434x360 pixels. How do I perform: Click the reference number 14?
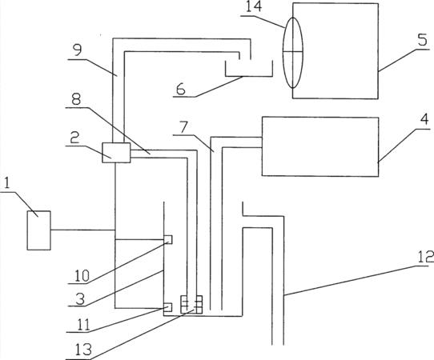(x=254, y=6)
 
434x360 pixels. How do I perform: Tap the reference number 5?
(x=423, y=40)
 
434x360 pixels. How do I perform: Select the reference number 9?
(x=78, y=50)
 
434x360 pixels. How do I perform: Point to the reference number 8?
(x=76, y=99)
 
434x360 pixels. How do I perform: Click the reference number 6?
(x=181, y=89)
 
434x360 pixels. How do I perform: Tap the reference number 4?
(x=424, y=119)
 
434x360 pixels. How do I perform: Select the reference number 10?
(x=82, y=275)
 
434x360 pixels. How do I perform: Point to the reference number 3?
(x=80, y=298)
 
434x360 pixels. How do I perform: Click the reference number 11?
(x=83, y=324)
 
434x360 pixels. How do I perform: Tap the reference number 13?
(x=83, y=349)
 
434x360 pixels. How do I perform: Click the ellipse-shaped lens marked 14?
(x=293, y=53)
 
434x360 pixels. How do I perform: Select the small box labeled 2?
(x=116, y=153)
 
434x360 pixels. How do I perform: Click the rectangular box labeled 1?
(x=38, y=230)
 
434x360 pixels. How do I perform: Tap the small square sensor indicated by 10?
(x=168, y=239)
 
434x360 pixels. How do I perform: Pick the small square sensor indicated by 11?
(x=168, y=307)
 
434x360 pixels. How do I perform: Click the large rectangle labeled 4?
(x=320, y=146)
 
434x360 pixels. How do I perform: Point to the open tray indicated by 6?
(x=249, y=75)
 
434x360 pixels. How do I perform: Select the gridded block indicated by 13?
(x=191, y=305)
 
